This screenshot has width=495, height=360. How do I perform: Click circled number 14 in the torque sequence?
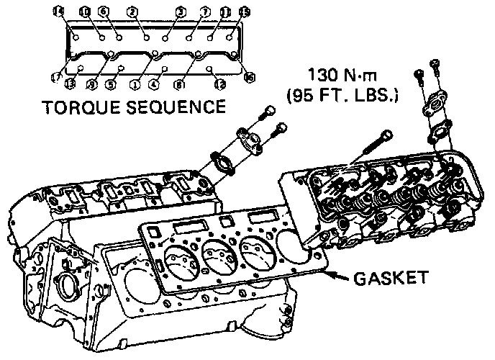58,10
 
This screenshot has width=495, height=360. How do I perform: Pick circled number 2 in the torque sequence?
131,11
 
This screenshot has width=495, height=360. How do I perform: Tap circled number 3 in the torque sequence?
181,12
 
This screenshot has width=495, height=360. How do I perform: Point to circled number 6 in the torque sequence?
104,11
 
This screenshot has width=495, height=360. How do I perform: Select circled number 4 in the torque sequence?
154,84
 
